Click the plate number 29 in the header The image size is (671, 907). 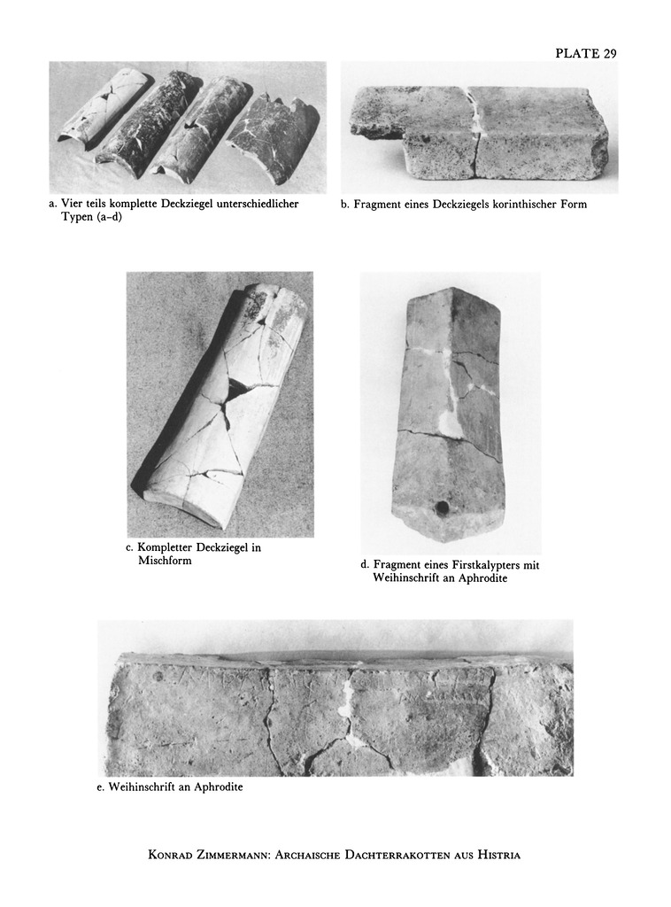610,53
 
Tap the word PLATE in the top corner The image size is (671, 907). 577,53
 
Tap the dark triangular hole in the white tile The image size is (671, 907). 239,389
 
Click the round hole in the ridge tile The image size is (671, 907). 443,508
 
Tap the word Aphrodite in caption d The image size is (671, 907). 482,579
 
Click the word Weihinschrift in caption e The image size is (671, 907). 142,787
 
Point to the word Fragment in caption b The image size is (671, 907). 377,205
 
